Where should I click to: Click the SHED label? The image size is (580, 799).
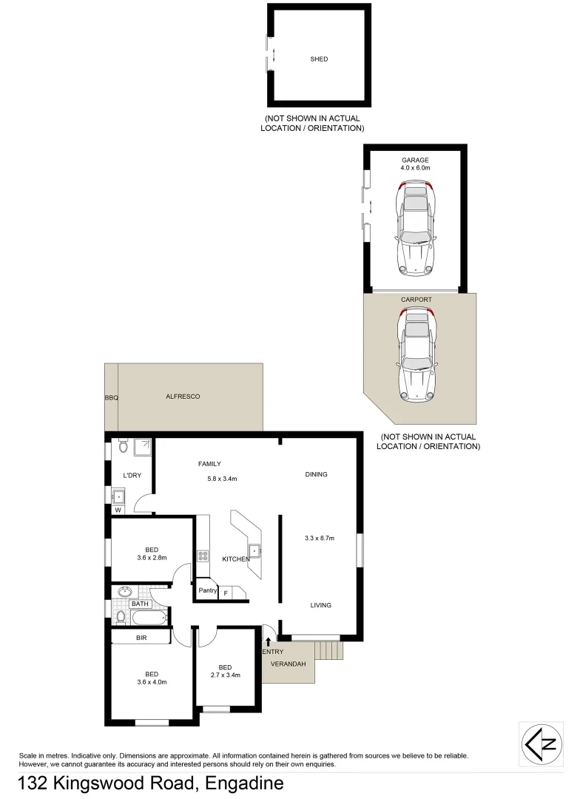click(319, 59)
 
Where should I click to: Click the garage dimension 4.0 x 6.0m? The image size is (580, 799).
click(415, 168)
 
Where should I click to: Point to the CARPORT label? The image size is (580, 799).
click(416, 300)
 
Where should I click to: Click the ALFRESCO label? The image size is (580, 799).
click(183, 397)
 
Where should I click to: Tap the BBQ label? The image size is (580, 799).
click(111, 398)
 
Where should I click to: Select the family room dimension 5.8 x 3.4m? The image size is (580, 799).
click(222, 479)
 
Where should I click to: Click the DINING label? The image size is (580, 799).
click(316, 474)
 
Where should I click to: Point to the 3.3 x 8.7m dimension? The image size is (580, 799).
click(320, 538)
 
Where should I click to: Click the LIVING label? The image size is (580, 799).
click(320, 605)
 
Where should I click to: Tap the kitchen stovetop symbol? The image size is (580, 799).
click(203, 556)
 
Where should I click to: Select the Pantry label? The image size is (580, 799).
click(207, 590)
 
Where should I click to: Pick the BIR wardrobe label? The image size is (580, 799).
click(141, 636)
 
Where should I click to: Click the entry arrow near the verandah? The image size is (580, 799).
click(268, 641)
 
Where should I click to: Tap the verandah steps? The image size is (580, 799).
click(329, 650)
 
